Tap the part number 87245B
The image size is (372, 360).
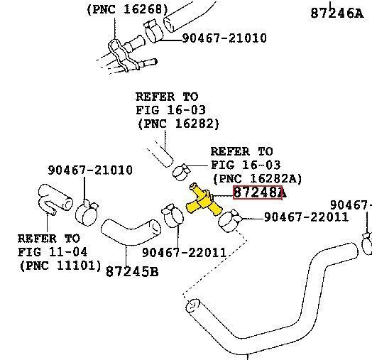(132, 271)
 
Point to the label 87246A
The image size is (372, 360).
(337, 13)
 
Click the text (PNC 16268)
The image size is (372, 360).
(128, 10)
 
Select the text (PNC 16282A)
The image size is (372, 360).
(258, 178)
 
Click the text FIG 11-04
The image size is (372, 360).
(53, 252)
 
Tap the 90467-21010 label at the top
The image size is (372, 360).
(224, 38)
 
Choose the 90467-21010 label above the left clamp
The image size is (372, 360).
(90, 170)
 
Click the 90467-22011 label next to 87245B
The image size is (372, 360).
(184, 253)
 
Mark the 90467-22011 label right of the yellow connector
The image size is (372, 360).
(306, 217)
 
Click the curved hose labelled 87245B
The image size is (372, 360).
(131, 231)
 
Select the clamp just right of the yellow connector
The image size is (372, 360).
(229, 220)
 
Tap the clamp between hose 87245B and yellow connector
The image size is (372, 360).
(173, 215)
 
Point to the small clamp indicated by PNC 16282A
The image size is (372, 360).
(181, 172)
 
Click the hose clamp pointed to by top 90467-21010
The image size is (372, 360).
(153, 31)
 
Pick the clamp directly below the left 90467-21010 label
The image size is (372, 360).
(87, 213)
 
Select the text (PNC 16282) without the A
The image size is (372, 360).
(178, 124)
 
